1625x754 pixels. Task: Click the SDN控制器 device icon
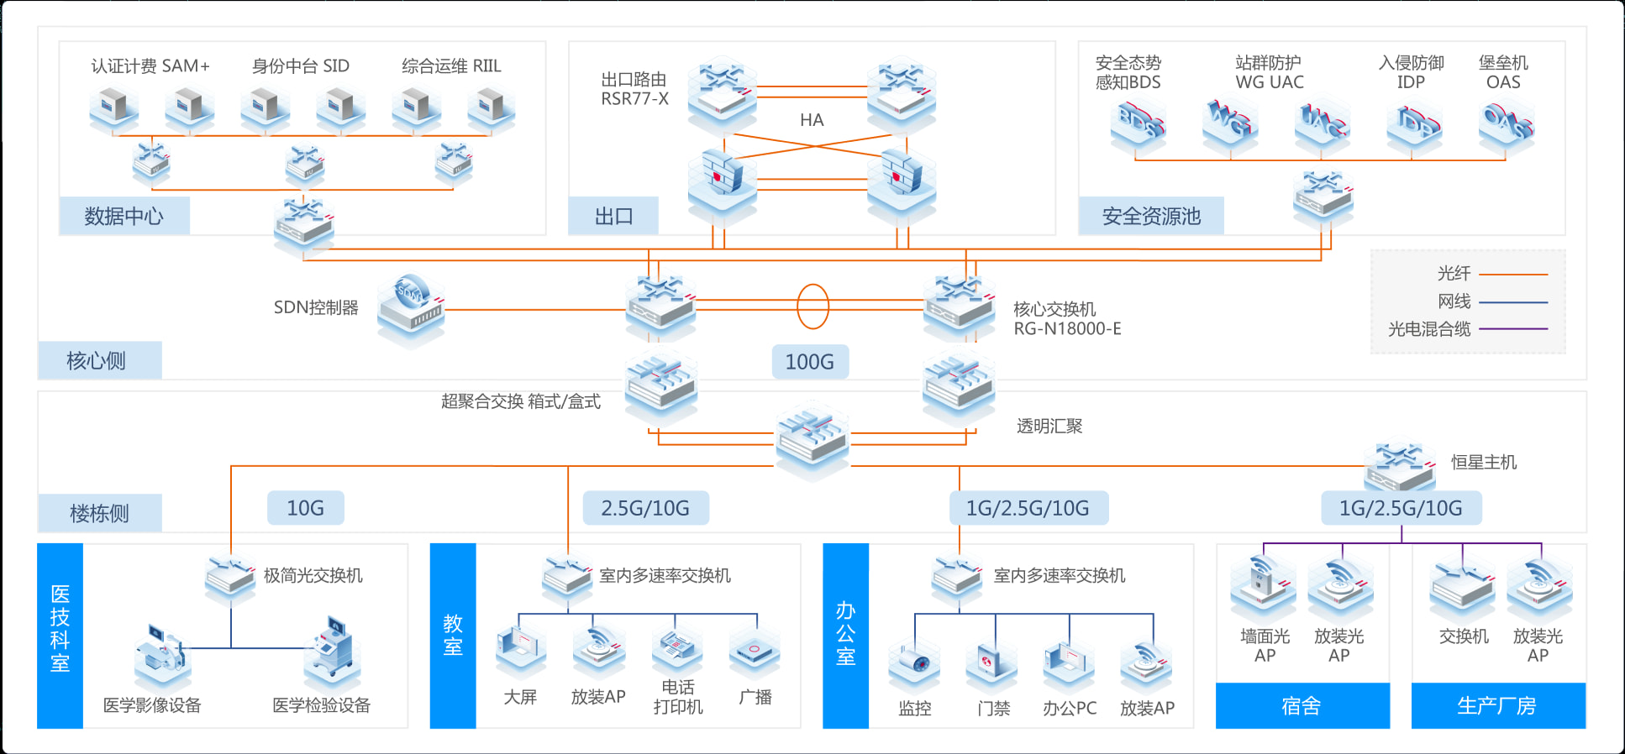point(411,307)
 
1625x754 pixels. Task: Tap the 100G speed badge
point(809,362)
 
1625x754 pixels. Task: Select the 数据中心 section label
point(124,216)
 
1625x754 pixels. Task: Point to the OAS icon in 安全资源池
point(1507,124)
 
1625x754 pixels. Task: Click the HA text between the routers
point(812,120)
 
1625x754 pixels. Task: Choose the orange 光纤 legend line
point(1512,274)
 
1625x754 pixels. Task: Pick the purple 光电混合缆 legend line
point(1512,329)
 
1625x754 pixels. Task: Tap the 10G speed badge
point(305,508)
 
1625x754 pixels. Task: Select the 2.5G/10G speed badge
point(644,508)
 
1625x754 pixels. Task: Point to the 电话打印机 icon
point(677,652)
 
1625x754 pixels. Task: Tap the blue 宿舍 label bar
point(1302,705)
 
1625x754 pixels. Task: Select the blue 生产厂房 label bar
point(1497,705)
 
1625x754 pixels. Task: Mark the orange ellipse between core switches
point(812,306)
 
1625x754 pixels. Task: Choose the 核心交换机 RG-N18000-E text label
point(1066,319)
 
